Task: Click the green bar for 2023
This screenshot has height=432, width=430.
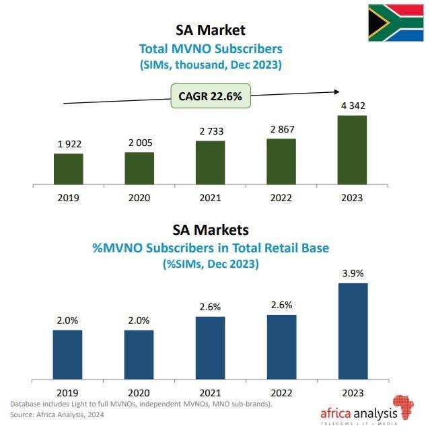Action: [x=352, y=149]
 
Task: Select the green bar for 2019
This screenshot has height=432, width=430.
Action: [x=68, y=168]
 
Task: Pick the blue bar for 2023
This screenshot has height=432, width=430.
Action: [x=352, y=332]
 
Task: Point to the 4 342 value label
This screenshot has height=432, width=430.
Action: [x=351, y=106]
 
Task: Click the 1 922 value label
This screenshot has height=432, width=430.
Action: [x=68, y=145]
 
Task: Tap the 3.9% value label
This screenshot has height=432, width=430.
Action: [x=352, y=274]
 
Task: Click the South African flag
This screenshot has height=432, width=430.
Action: [x=395, y=22]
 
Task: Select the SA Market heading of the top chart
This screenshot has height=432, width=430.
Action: [x=210, y=30]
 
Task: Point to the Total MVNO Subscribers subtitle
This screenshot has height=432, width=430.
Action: [x=210, y=48]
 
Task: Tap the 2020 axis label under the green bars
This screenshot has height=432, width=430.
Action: [x=139, y=198]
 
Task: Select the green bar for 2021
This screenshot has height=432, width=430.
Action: [x=210, y=162]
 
